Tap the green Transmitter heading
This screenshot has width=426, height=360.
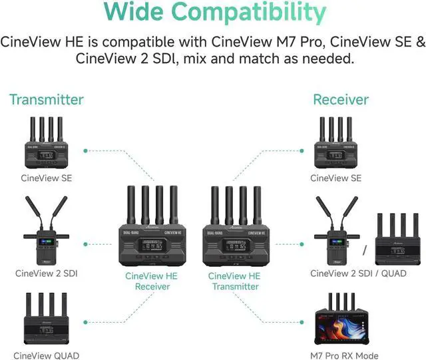[x=47, y=100]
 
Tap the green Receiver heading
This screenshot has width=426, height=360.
[x=341, y=100]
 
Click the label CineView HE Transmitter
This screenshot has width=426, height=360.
[x=234, y=281]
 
